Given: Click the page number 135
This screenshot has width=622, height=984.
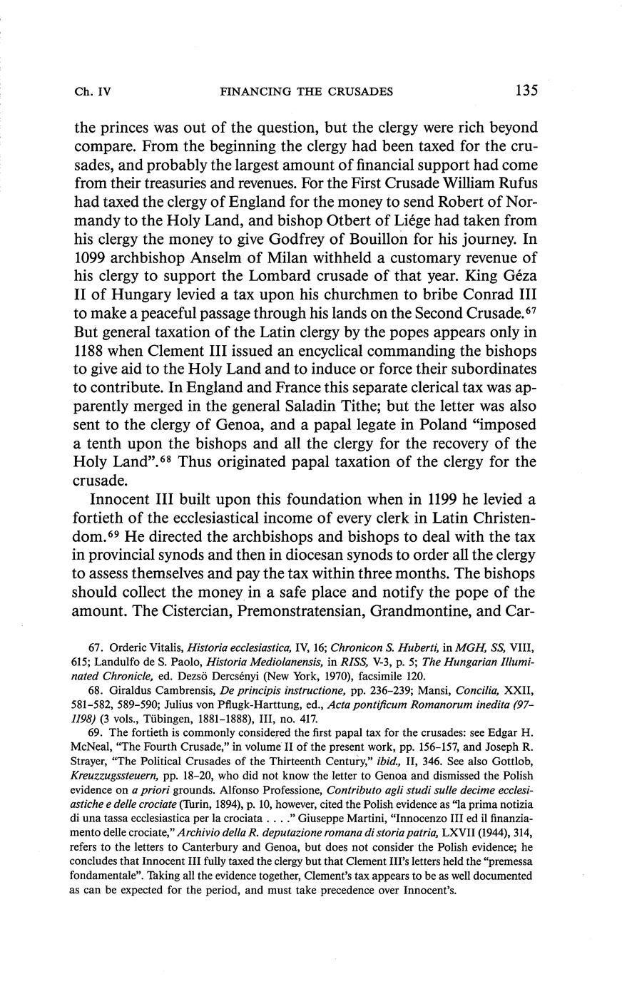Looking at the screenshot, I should [x=524, y=91].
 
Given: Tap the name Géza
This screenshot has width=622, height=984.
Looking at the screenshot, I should [x=517, y=276].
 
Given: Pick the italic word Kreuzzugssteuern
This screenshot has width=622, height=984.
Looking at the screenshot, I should [x=114, y=789].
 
